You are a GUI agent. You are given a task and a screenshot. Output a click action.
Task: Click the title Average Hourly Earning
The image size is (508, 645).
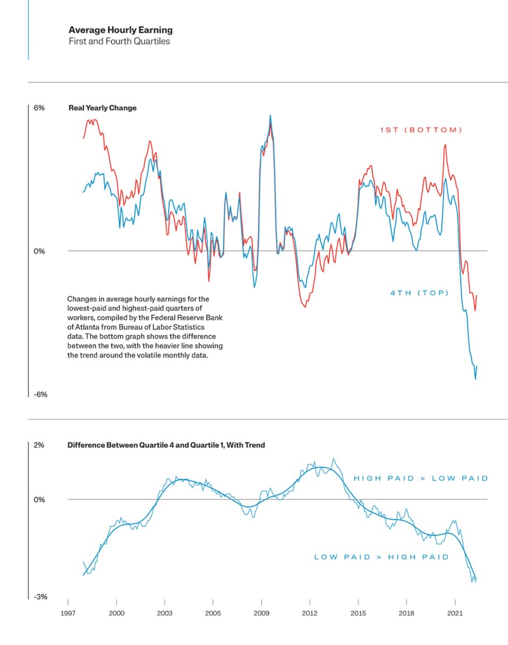pyautogui.click(x=121, y=30)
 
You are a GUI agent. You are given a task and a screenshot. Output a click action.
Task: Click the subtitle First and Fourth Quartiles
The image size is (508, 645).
pyautogui.click(x=119, y=41)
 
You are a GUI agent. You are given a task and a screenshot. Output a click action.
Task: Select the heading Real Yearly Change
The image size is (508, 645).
pyautogui.click(x=102, y=108)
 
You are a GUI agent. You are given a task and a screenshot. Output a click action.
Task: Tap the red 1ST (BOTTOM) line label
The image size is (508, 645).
pyautogui.click(x=421, y=130)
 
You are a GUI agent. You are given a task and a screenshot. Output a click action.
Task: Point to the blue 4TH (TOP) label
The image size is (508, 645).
pyautogui.click(x=419, y=293)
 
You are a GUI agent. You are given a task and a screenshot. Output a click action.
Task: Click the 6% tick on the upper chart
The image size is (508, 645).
pyautogui.click(x=39, y=108)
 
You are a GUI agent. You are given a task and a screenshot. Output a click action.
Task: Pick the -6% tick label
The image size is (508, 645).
pyautogui.click(x=40, y=395)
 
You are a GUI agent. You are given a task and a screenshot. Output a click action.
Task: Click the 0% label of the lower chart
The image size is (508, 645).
pyautogui.click(x=39, y=500)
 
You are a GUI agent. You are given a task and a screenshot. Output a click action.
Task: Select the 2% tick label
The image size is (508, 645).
pyautogui.click(x=39, y=445)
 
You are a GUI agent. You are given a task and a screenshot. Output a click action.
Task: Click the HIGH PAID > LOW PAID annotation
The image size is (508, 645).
pyautogui.click(x=420, y=478)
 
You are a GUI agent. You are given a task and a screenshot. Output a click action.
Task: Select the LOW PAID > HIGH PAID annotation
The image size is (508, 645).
pyautogui.click(x=381, y=557)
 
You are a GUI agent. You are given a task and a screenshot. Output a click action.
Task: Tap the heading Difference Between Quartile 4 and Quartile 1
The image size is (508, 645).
pyautogui.click(x=166, y=445)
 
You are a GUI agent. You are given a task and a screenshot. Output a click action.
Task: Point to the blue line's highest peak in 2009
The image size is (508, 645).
pyautogui.click(x=270, y=115)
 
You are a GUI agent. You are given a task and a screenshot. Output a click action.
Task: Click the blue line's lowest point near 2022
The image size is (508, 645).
pyautogui.click(x=475, y=379)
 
